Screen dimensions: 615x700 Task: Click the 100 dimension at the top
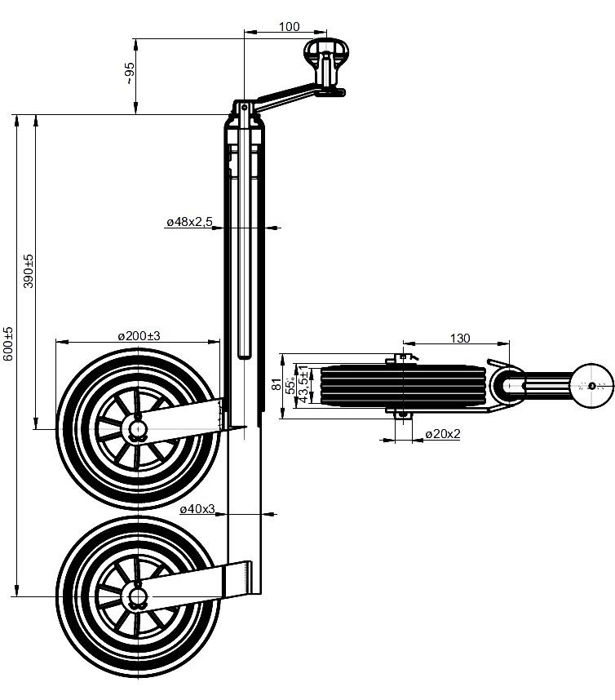pyautogui.click(x=290, y=26)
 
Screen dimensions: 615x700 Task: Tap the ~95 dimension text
pyautogui.click(x=129, y=73)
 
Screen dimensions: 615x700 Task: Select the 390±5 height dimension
pyautogui.click(x=28, y=271)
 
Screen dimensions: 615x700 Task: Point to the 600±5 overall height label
pyautogui.click(x=8, y=343)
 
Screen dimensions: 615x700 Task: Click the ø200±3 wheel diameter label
pyautogui.click(x=139, y=335)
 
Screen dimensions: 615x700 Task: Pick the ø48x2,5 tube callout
pyautogui.click(x=190, y=221)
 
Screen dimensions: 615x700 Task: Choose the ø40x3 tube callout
pyautogui.click(x=197, y=508)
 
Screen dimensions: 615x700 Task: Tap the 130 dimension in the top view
pyautogui.click(x=460, y=338)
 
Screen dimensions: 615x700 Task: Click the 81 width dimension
pyautogui.click(x=277, y=384)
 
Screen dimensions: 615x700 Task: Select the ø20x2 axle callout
pyautogui.click(x=443, y=433)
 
